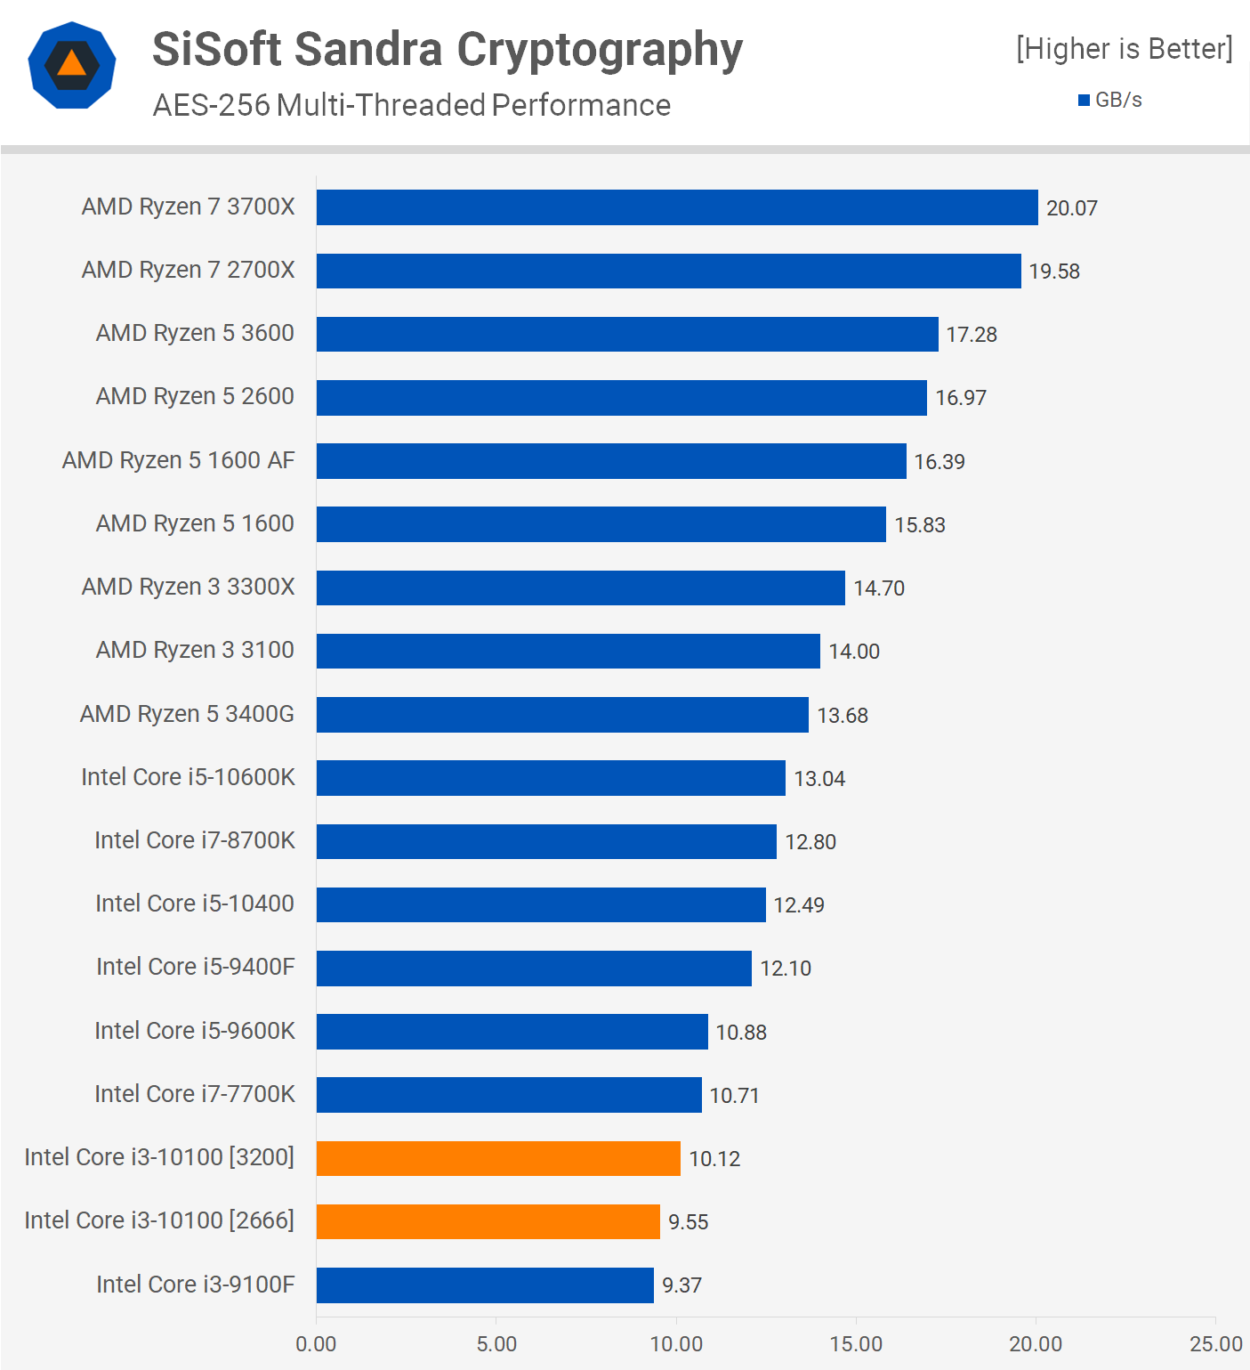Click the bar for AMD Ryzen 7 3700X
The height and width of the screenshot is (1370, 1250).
click(x=677, y=207)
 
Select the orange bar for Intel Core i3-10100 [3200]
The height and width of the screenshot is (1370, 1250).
click(x=498, y=1158)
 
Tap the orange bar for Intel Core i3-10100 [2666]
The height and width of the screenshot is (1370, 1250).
click(x=488, y=1221)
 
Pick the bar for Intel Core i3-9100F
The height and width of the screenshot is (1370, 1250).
click(x=485, y=1285)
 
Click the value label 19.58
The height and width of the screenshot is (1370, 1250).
click(x=1054, y=272)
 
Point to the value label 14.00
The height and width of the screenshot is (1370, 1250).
click(x=854, y=652)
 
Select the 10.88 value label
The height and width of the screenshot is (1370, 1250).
click(x=741, y=1032)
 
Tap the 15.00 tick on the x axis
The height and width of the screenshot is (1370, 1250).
click(x=856, y=1343)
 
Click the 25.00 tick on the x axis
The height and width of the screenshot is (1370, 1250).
click(x=1215, y=1343)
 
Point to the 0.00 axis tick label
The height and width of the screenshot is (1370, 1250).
click(x=316, y=1343)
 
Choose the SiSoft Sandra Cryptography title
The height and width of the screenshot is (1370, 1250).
click(x=448, y=50)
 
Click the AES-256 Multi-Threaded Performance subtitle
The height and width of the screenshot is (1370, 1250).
click(x=412, y=105)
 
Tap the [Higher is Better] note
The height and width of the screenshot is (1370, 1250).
click(x=1125, y=48)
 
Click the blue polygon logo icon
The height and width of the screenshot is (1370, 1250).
click(x=72, y=65)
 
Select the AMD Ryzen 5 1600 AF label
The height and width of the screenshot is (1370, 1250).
click(x=178, y=460)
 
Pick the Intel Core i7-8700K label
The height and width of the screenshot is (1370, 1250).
click(x=194, y=840)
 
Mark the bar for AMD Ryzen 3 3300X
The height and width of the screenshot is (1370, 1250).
click(x=581, y=588)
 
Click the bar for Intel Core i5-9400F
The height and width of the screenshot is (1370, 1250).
click(x=534, y=968)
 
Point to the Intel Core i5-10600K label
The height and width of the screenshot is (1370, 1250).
click(x=188, y=777)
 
